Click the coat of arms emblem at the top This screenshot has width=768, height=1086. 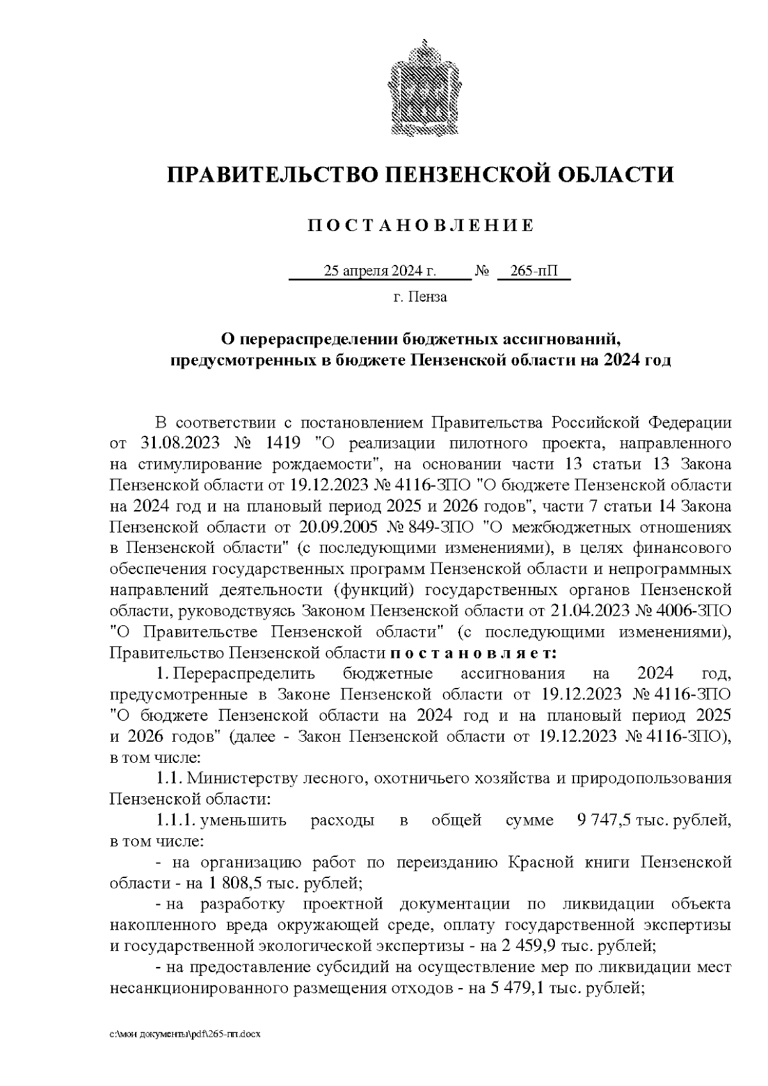[x=419, y=88]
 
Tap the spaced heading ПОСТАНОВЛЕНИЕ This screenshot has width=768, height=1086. [x=420, y=225]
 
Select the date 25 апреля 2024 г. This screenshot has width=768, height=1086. [x=380, y=271]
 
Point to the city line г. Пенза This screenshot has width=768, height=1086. [x=420, y=297]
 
